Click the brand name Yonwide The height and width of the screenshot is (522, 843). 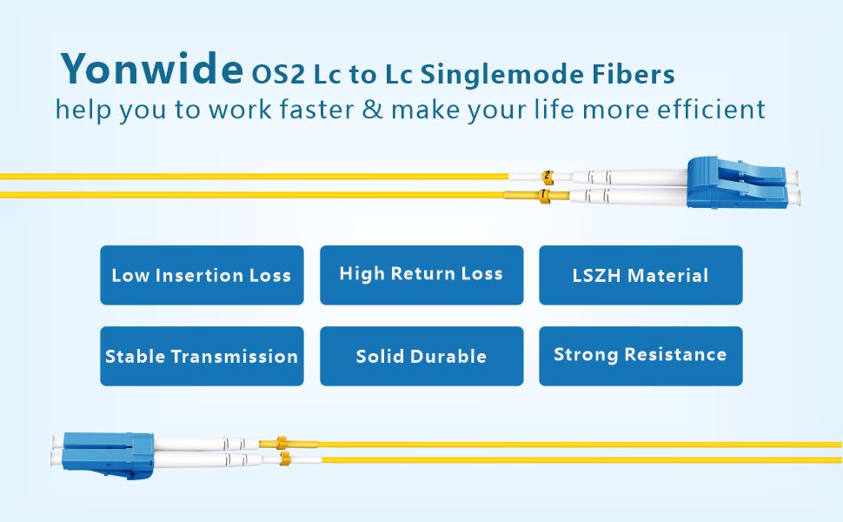(151, 69)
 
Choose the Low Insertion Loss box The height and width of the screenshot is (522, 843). (202, 275)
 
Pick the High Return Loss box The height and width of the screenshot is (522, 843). (421, 275)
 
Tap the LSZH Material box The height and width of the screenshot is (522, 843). (641, 275)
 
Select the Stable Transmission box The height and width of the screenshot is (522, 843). (202, 356)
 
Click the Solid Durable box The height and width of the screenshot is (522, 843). (421, 356)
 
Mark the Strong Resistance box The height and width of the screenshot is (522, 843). (641, 356)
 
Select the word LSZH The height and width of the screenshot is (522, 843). (597, 276)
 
